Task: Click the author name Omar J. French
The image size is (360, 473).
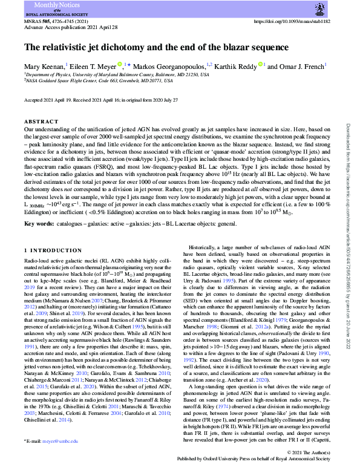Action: point(302,65)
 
